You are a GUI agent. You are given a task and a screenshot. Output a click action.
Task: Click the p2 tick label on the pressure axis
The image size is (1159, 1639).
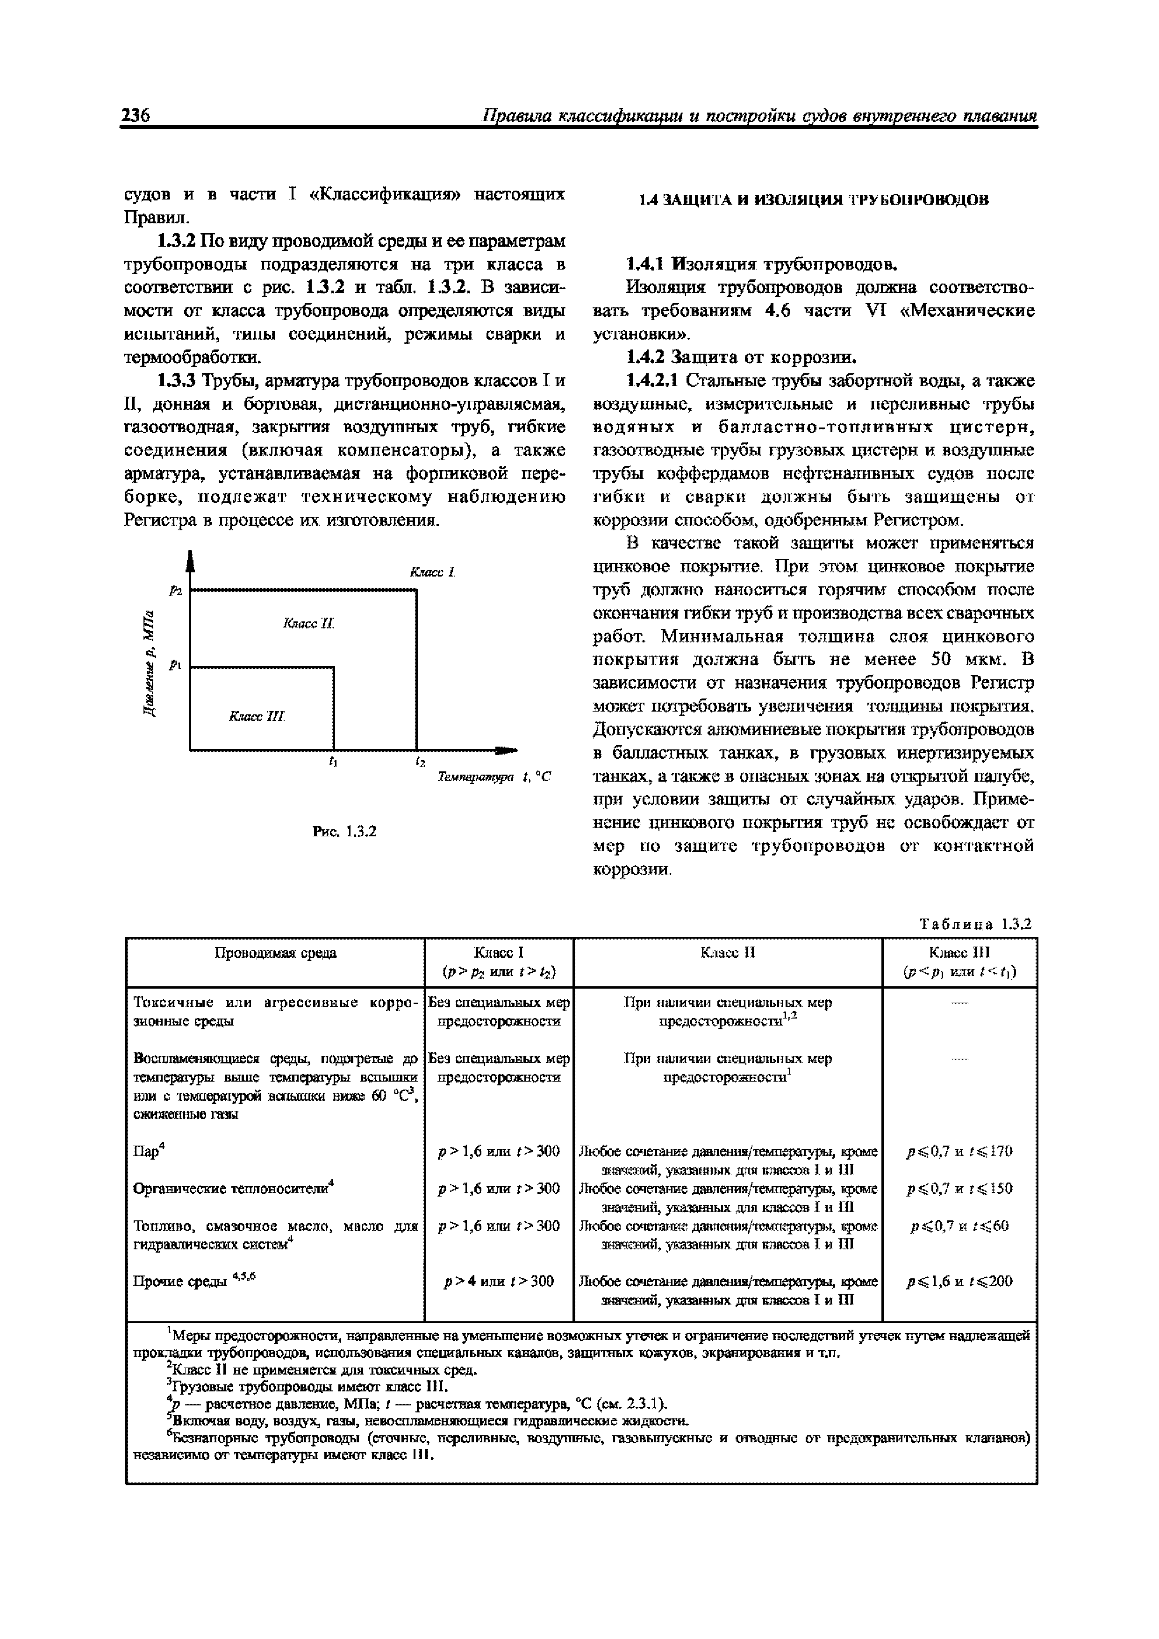click(176, 591)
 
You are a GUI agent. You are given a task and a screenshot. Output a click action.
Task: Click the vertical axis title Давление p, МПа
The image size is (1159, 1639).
click(148, 664)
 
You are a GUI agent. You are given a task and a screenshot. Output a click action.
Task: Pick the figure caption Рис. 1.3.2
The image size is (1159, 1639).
click(344, 832)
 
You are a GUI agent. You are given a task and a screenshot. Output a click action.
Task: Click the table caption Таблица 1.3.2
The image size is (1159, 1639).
click(975, 925)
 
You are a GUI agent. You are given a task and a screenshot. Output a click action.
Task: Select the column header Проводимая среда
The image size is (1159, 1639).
click(276, 953)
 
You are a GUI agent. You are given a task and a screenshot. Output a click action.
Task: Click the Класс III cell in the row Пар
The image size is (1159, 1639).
click(959, 1151)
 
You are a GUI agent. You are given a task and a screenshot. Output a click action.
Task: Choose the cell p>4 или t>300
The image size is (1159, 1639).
click(499, 1282)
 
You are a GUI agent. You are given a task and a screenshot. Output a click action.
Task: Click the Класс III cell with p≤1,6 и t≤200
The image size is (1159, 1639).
click(959, 1282)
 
